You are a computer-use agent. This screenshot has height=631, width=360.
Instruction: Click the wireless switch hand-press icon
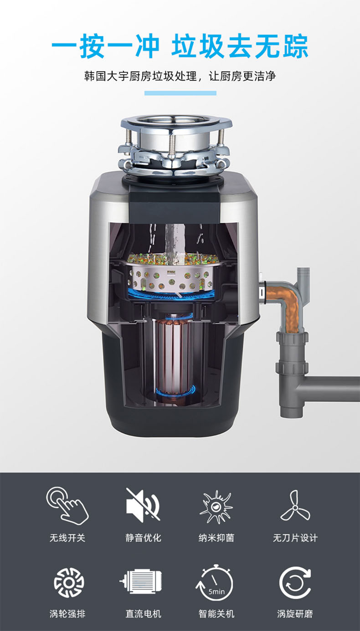[x=67, y=506]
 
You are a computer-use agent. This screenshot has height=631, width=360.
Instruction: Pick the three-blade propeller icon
[x=295, y=506]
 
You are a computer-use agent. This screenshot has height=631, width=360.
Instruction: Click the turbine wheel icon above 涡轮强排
[x=69, y=583]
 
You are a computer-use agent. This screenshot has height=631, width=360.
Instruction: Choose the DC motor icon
[x=140, y=581]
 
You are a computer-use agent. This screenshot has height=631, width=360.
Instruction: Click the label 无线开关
[x=67, y=538]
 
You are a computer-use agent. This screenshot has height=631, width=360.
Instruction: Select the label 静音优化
[x=144, y=538]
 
